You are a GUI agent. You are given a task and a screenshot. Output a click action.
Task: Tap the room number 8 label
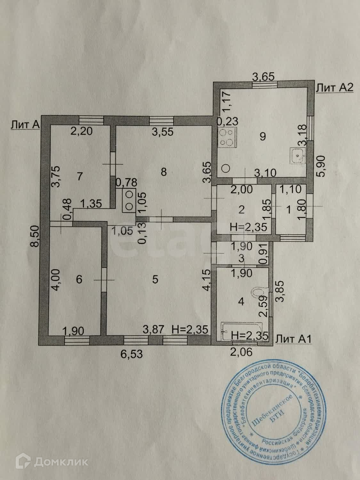tap(164, 172)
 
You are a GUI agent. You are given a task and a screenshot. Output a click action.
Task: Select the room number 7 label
tap(80, 176)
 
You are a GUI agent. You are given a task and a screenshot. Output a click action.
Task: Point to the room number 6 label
tap(79, 280)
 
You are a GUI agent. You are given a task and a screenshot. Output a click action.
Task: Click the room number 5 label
tap(155, 280)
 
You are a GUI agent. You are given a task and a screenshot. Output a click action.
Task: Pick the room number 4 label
tap(242, 301)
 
